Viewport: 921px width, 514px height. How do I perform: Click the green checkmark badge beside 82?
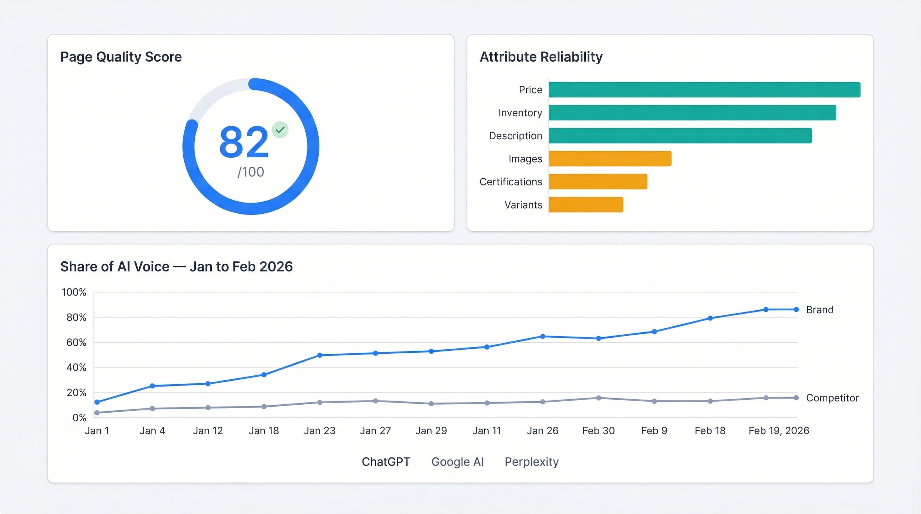280,130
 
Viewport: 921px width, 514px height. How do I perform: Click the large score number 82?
244,142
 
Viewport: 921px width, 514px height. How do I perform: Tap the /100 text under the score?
251,172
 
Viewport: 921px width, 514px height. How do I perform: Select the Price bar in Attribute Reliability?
704,90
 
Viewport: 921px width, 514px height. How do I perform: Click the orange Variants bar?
586,205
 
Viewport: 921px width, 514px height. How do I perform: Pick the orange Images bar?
610,159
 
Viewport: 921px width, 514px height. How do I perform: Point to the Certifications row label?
511,182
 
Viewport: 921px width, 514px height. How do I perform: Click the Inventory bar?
692,112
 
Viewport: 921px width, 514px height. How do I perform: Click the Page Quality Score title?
121,57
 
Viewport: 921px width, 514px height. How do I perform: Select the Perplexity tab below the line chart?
531,462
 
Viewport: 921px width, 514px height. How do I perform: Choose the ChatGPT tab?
386,462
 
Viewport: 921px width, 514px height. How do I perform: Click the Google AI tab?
457,462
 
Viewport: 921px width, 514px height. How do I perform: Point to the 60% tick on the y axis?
76,342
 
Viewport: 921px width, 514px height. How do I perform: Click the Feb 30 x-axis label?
598,431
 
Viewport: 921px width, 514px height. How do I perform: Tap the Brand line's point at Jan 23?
320,355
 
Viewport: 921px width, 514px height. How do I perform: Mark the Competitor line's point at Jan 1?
97,413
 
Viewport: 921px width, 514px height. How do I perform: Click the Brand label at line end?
820,310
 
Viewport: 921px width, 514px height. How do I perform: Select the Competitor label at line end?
832,398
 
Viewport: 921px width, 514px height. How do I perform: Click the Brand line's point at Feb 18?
710,318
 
